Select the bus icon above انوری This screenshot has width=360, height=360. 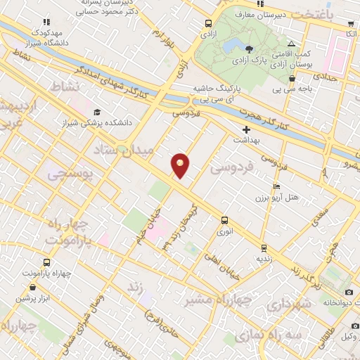[224, 219]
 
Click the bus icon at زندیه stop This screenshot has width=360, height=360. [263, 247]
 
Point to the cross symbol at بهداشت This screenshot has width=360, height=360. [246, 129]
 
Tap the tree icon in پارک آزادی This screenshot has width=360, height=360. [250, 48]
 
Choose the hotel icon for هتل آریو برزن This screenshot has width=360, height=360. [276, 187]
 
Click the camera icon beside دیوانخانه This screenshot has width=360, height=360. [349, 292]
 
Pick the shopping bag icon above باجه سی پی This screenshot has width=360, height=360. [291, 79]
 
